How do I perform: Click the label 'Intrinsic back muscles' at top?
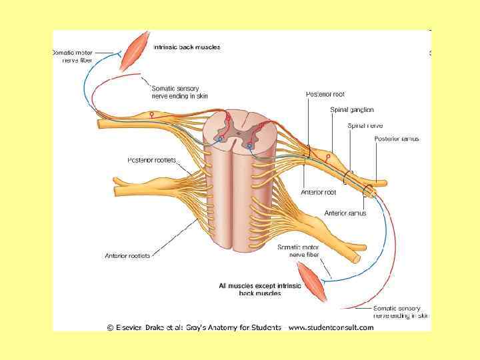[x=187, y=47]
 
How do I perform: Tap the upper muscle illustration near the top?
[x=137, y=48]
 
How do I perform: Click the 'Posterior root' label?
[x=325, y=94]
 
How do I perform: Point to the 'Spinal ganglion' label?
[x=351, y=109]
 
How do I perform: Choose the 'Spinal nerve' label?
[x=365, y=125]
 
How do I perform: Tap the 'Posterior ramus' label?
[x=397, y=139]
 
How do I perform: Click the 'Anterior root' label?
[x=318, y=192]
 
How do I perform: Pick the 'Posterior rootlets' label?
[x=151, y=160]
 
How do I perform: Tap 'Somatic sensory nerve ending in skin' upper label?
[x=175, y=92]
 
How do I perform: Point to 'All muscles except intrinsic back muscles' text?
[x=260, y=289]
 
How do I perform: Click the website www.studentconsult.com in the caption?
[x=331, y=327]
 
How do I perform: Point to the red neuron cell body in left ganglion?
[x=151, y=114]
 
